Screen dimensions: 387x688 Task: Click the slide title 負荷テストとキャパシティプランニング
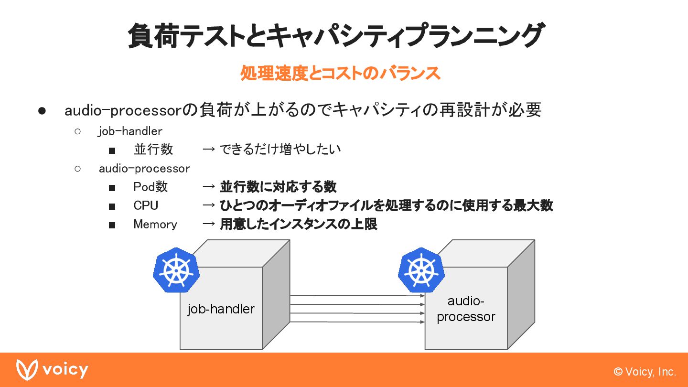(x=335, y=36)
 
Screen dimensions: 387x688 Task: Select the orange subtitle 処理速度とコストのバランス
(x=340, y=74)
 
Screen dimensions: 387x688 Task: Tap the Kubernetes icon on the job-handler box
(x=176, y=270)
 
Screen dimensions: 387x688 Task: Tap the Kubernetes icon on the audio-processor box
(x=421, y=270)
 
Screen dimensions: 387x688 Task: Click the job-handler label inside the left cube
(x=221, y=309)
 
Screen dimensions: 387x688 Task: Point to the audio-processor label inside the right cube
(x=466, y=309)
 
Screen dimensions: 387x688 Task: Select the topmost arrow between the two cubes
(x=357, y=296)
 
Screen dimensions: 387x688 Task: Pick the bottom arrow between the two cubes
(x=357, y=322)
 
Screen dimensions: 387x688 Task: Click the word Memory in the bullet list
(x=155, y=224)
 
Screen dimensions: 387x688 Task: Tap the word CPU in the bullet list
(x=146, y=205)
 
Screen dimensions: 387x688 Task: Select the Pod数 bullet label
(x=150, y=187)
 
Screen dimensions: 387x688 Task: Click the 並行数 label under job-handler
(x=153, y=150)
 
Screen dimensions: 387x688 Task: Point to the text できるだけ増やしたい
(x=280, y=150)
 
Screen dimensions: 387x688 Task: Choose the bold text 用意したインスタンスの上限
(x=299, y=224)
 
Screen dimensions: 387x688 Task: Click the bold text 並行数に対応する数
(x=278, y=187)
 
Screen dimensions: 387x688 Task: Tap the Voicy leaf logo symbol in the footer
(x=27, y=370)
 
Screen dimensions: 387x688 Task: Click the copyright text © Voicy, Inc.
(x=645, y=372)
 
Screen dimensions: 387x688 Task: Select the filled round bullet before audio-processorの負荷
(x=42, y=111)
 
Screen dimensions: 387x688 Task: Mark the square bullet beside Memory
(x=112, y=225)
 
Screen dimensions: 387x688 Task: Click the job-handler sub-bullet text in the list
(x=130, y=131)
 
